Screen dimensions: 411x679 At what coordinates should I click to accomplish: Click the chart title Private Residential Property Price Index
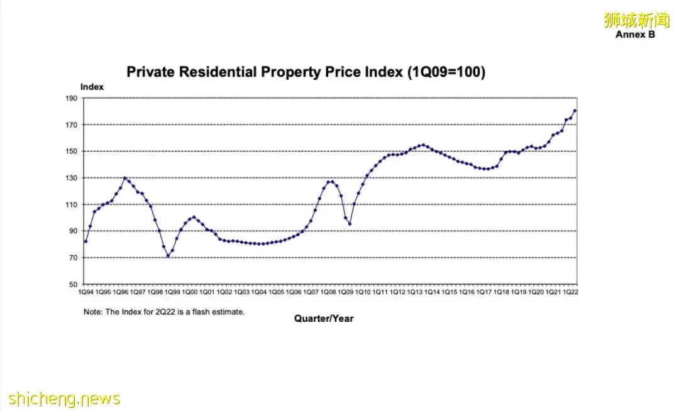point(306,72)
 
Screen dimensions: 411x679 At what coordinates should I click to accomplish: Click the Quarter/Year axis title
point(324,319)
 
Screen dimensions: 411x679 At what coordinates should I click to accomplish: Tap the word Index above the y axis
point(92,87)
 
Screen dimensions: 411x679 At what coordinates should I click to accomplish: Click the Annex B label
point(635,35)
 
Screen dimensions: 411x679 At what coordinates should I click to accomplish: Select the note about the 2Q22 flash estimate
point(164,312)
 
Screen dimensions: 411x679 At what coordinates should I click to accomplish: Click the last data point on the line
point(575,111)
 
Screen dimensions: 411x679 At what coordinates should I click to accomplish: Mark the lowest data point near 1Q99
point(168,256)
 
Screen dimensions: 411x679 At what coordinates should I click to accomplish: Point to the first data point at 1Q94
point(86,241)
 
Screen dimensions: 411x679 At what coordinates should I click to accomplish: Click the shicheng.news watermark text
point(64,398)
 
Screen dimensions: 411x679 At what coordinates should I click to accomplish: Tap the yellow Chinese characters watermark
point(636,20)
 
